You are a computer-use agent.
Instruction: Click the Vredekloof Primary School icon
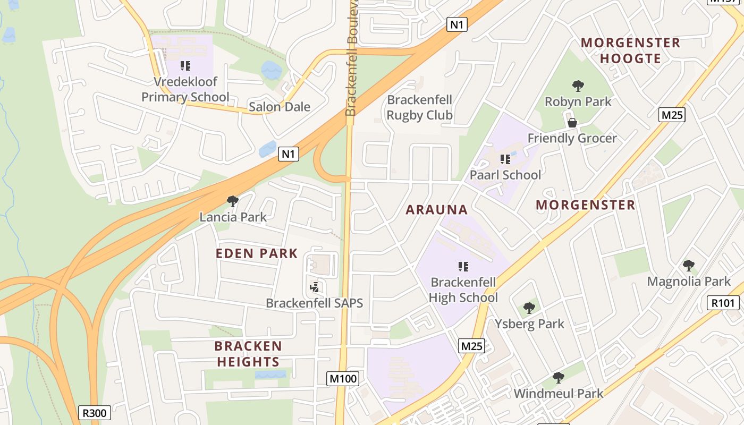[185, 66]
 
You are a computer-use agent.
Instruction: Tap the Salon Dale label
[280, 107]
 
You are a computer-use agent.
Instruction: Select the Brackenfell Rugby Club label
[419, 107]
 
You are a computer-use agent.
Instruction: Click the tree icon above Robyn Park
[578, 86]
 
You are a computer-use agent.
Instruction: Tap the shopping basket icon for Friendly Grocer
[572, 123]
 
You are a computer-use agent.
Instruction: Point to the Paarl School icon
[505, 159]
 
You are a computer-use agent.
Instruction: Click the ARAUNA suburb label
[437, 210]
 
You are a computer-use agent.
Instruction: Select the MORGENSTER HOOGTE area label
[630, 50]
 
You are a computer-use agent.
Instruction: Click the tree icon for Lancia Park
[232, 201]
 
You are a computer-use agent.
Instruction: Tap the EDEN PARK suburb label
[257, 253]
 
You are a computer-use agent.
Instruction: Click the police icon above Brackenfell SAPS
[314, 287]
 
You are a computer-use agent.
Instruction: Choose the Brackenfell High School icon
[463, 266]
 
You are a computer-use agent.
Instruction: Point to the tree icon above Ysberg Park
[529, 308]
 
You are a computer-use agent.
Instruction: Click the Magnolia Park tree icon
[689, 265]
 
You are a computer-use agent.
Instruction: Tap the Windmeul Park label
[558, 394]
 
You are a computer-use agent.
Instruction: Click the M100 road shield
[343, 379]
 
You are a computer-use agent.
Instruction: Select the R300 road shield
[95, 413]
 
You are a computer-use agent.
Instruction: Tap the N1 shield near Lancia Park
[288, 154]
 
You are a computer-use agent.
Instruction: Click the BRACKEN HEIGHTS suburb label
[248, 354]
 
